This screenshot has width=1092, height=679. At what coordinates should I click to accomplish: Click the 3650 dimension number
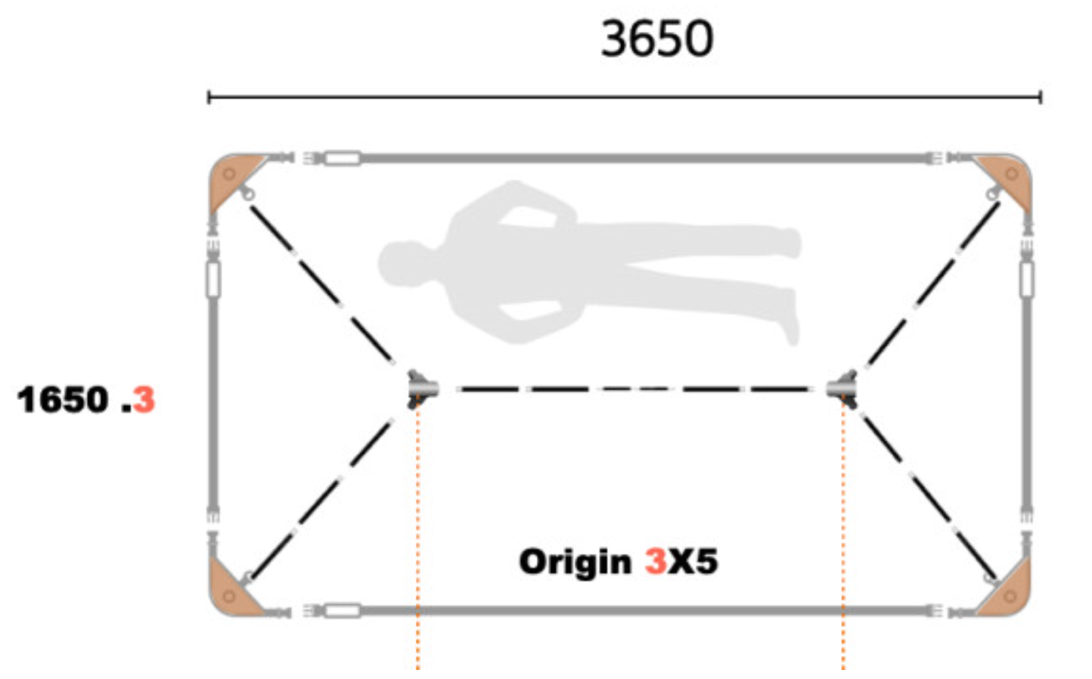point(657,39)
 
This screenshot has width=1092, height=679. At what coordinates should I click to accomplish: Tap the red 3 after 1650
point(144,400)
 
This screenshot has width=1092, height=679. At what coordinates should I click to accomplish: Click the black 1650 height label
point(63,400)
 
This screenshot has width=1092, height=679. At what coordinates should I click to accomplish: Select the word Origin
point(575,562)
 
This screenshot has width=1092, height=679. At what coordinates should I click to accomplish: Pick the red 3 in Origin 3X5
point(656,562)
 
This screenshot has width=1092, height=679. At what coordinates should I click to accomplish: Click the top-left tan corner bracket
point(232,178)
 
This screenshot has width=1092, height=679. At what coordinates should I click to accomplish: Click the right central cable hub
point(842,389)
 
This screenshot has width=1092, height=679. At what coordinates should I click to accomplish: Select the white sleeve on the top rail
point(343,159)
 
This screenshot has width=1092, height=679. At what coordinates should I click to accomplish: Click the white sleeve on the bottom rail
point(343,611)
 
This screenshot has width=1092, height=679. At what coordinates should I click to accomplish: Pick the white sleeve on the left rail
point(213,279)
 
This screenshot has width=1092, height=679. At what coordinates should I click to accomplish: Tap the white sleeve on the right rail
point(1027,279)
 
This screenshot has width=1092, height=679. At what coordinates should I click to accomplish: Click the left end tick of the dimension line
point(209,97)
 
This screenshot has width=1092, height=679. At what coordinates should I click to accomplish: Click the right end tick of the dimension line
point(1041,97)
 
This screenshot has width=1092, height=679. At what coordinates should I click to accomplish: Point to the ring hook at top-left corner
point(248,194)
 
